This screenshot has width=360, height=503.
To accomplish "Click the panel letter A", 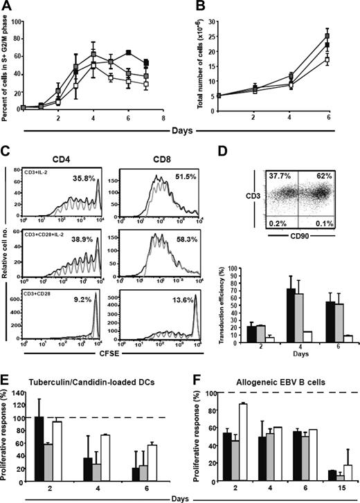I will tap(6, 7).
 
